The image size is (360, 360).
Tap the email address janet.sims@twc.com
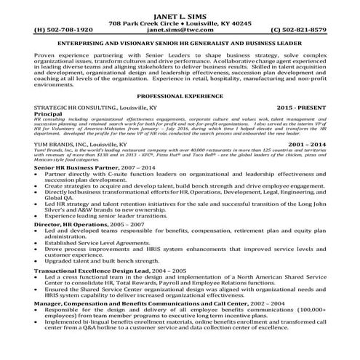point(180,31)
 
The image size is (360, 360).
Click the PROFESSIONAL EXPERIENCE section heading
point(180,95)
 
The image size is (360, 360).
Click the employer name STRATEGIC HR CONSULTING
point(73,107)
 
